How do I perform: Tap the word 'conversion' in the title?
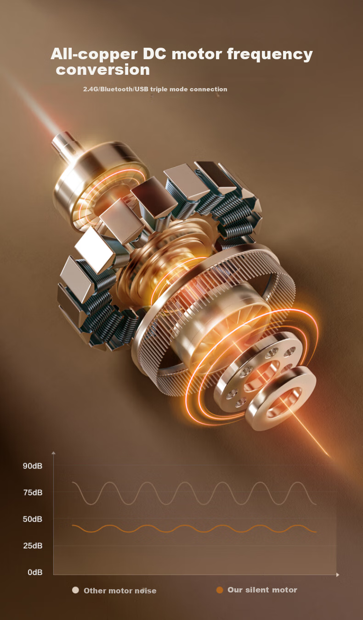point(103,69)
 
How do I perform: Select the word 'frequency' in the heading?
point(270,54)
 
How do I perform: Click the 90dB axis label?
point(33,466)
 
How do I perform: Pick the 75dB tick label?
point(33,492)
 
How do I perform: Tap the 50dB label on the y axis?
point(33,519)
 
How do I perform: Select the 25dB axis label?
point(33,546)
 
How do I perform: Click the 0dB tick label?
point(35,572)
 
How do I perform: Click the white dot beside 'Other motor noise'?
point(75,590)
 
